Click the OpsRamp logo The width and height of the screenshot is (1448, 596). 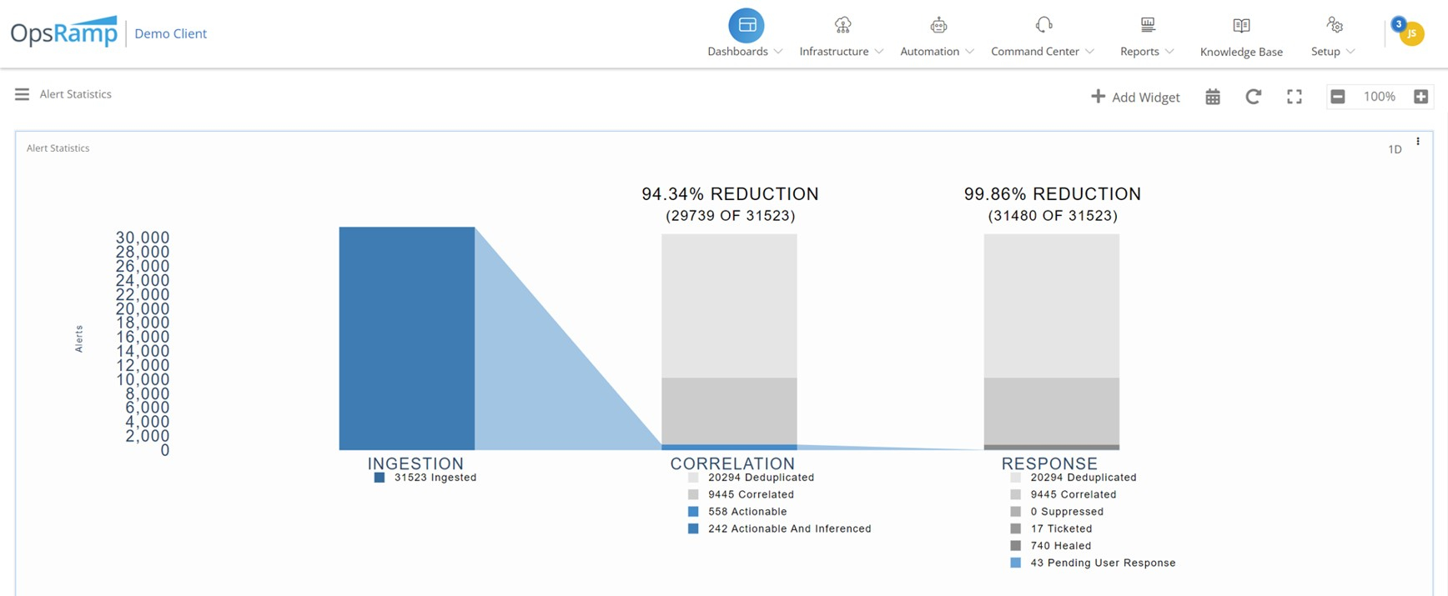point(64,33)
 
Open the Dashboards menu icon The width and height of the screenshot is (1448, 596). point(747,26)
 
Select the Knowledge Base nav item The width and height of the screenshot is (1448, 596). point(1241,37)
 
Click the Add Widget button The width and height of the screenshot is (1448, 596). point(1135,97)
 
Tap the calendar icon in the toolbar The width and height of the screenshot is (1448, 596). point(1213,97)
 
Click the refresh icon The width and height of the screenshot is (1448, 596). point(1253,97)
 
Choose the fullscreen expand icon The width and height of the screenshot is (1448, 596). point(1295,97)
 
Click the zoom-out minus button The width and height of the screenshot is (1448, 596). point(1338,97)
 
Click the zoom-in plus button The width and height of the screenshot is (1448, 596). point(1421,97)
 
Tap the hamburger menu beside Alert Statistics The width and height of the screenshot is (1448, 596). point(22,94)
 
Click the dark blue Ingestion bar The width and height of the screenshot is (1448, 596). point(407,338)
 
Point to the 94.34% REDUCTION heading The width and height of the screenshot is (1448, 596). point(730,194)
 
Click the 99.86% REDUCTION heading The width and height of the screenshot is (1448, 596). point(1052,194)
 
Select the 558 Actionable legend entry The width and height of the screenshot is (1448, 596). point(747,512)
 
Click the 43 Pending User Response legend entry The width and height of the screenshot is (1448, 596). point(1102,563)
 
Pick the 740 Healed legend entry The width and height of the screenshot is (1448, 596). point(1060,546)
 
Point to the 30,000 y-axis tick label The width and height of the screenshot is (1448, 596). point(143,238)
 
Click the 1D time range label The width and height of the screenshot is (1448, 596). point(1395,149)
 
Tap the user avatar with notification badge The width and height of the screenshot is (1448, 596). point(1410,33)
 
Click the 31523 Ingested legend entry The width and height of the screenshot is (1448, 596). point(435,478)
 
